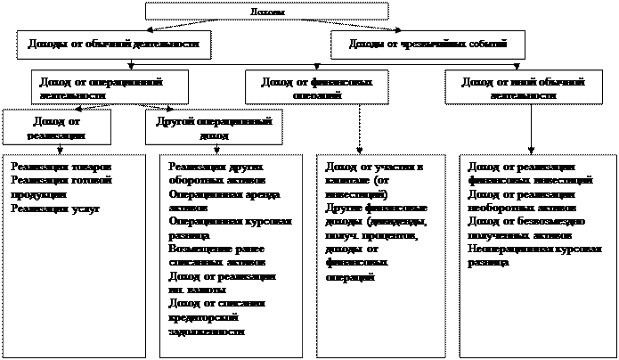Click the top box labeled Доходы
266,11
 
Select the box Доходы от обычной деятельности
113,43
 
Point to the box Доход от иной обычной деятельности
523,87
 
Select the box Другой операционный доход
213,126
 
